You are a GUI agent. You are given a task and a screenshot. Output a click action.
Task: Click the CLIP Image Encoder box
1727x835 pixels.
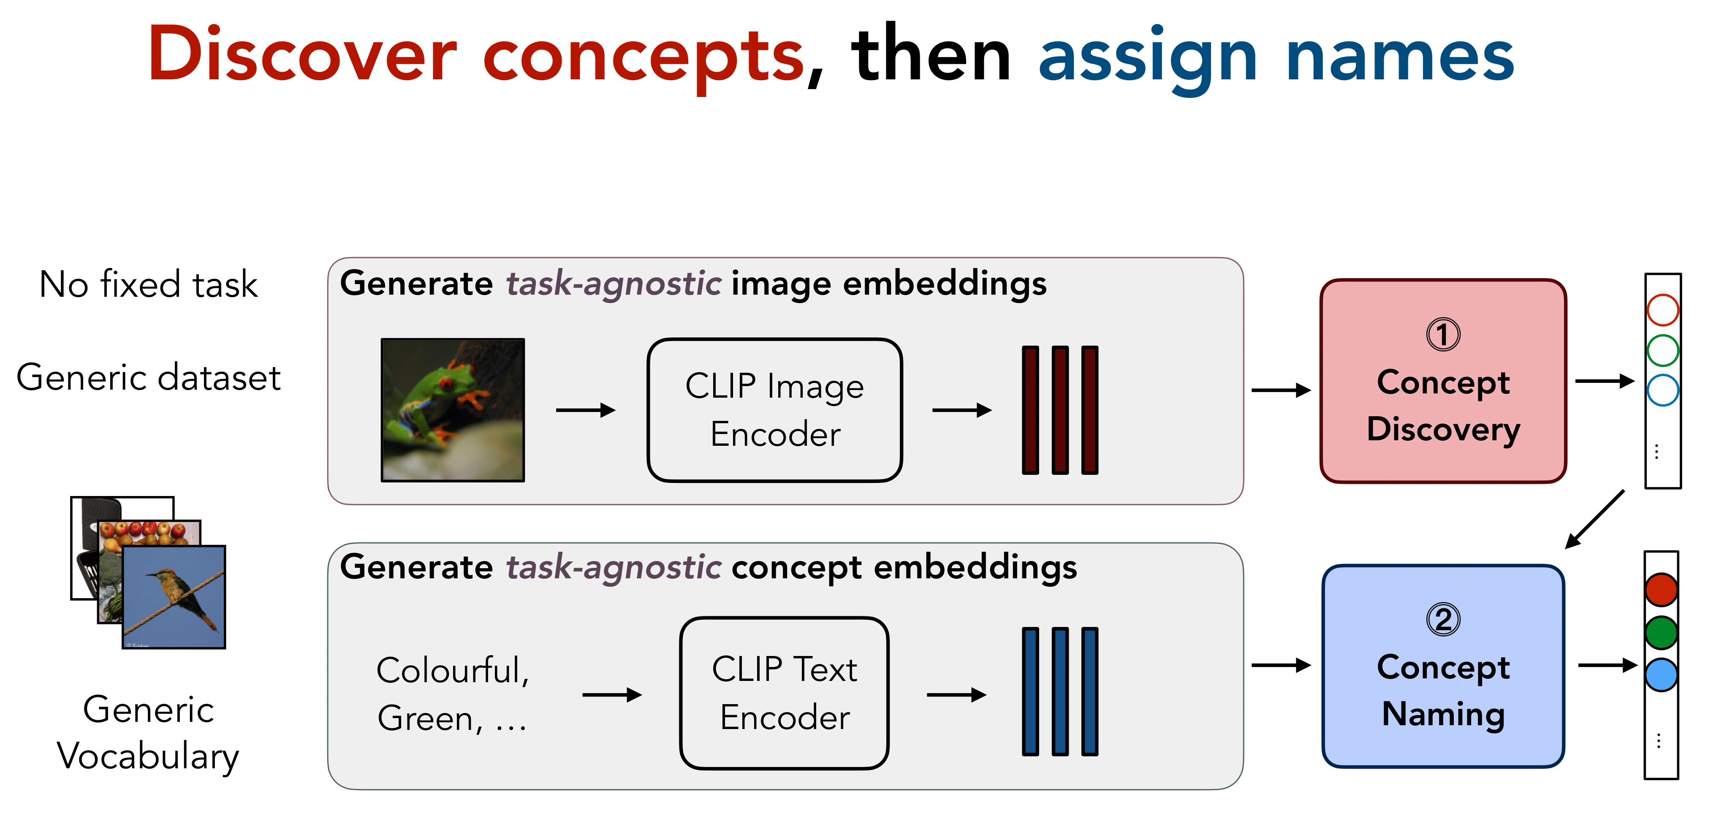point(774,410)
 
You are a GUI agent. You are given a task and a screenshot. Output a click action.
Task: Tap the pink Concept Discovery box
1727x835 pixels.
point(1443,381)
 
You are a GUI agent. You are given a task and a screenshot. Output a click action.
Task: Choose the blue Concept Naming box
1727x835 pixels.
point(1443,666)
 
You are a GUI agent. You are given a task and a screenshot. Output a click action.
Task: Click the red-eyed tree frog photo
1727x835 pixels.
point(453,410)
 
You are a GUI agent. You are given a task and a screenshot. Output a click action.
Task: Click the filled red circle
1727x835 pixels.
point(1661,590)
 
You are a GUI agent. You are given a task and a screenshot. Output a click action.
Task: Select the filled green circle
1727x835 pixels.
point(1661,633)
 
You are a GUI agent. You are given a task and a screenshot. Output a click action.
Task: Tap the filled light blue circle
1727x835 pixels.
point(1661,675)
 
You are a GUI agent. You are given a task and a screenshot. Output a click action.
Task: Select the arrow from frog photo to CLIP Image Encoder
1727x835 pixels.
point(585,410)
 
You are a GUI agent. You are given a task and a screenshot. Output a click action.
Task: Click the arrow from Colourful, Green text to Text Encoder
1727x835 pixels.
point(611,695)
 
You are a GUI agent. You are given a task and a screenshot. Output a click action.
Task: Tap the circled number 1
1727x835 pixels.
point(1443,334)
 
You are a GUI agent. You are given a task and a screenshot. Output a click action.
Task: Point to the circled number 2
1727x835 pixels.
point(1443,619)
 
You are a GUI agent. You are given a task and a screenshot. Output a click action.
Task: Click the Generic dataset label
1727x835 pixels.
point(148,377)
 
